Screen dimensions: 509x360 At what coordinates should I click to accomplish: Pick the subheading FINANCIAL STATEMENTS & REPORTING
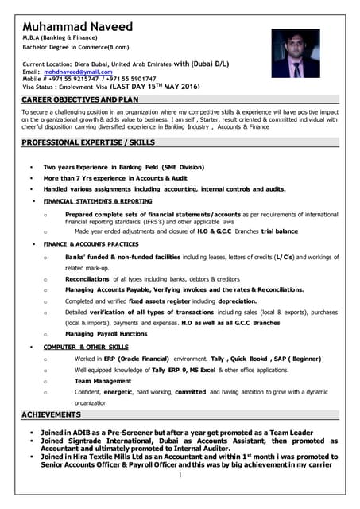click(98, 201)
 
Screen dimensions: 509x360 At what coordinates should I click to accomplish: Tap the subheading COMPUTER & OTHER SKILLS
click(86, 348)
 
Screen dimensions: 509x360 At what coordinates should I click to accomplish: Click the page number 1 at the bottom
click(180, 476)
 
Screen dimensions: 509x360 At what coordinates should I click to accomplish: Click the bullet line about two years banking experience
click(123, 168)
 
